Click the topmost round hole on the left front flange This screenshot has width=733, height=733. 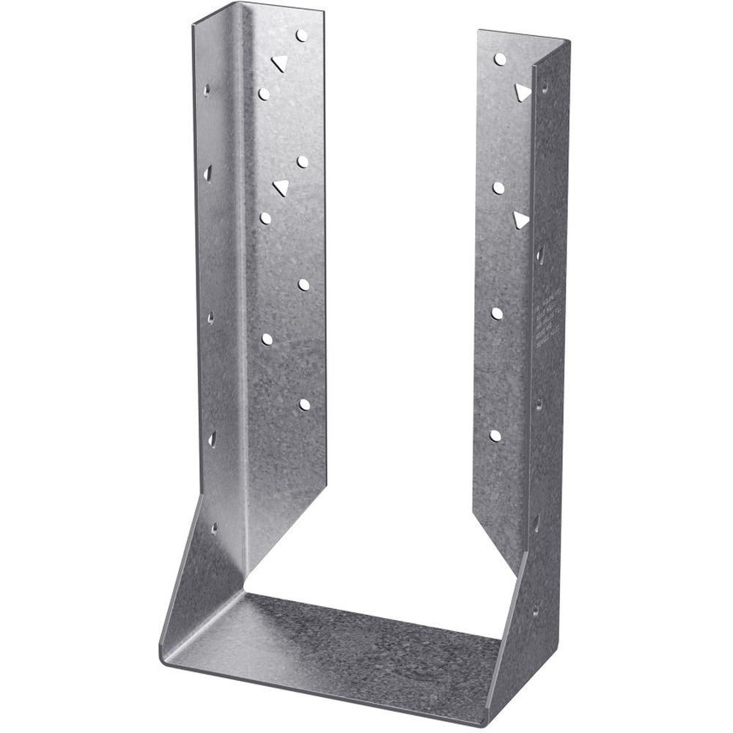[301, 34]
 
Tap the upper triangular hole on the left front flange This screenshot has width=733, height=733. [278, 63]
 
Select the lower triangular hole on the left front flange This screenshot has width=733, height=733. [280, 188]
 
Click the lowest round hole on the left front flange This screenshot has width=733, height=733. [304, 404]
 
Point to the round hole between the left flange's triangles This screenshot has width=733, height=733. [303, 161]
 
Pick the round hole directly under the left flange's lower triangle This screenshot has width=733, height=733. [265, 218]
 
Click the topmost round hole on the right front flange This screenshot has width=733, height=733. [500, 59]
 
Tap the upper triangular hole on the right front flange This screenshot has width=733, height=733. [521, 92]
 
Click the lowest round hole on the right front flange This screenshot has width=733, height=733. [496, 435]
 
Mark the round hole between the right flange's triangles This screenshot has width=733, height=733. [498, 188]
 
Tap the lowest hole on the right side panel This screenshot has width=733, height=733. [535, 608]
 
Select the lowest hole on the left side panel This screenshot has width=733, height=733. [214, 527]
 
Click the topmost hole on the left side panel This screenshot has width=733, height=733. [207, 91]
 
